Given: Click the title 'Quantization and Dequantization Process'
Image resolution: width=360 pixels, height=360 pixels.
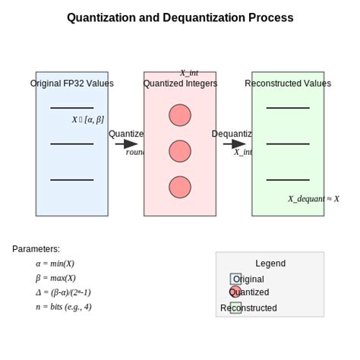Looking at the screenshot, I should (180, 17).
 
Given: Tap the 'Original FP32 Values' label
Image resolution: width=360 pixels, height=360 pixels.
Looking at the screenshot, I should (72, 84).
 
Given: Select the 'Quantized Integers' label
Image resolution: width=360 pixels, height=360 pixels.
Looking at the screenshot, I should (180, 84).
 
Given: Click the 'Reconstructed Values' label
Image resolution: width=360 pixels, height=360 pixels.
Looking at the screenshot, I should (288, 84).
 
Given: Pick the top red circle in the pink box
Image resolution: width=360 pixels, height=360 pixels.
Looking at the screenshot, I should (180, 115).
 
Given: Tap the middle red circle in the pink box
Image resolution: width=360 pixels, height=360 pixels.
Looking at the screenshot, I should (180, 151).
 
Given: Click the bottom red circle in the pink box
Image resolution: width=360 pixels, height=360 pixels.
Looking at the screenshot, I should (180, 187).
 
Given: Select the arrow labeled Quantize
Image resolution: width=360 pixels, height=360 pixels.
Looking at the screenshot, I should (127, 144).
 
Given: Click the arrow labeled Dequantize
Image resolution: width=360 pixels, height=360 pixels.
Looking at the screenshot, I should (235, 144).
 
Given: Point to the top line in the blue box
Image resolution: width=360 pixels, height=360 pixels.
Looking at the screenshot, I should (72, 108).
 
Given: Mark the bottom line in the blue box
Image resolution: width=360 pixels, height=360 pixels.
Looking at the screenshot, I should (72, 180).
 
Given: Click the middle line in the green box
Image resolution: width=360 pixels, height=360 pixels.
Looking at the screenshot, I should (288, 144).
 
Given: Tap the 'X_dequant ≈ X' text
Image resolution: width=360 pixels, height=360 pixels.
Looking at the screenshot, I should (313, 199).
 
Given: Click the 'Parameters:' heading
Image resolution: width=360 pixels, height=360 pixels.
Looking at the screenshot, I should (36, 249).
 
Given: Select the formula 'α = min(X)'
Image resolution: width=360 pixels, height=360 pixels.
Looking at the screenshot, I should (55, 264).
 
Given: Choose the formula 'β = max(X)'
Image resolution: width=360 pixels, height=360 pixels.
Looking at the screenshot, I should (55, 278).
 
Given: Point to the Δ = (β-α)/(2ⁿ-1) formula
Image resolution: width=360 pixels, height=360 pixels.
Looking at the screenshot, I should (63, 292).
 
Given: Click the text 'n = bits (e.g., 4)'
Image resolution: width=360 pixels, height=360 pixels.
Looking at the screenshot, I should (63, 307).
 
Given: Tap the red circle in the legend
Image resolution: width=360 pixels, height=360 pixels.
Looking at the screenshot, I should (235, 292).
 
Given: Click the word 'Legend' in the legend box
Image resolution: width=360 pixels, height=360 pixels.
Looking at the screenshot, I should (270, 264).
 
